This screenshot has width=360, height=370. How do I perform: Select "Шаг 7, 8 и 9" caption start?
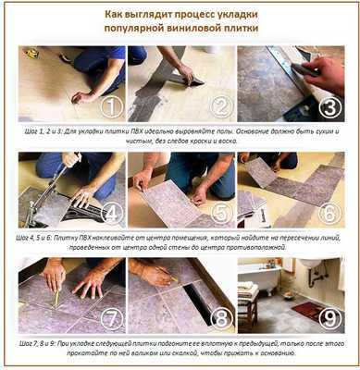click(x=41, y=342)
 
